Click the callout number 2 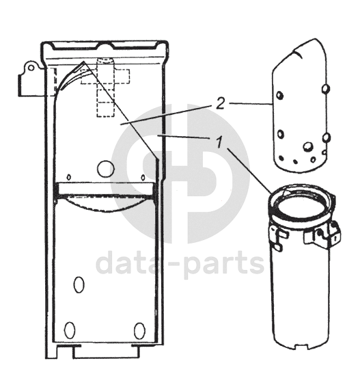coord(220,104)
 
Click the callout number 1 coord(219,142)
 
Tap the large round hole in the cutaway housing coord(106,169)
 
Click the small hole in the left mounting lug coord(31,68)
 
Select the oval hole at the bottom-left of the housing coord(70,330)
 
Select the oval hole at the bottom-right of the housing coord(139,331)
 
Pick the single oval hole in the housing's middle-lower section coord(79,284)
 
